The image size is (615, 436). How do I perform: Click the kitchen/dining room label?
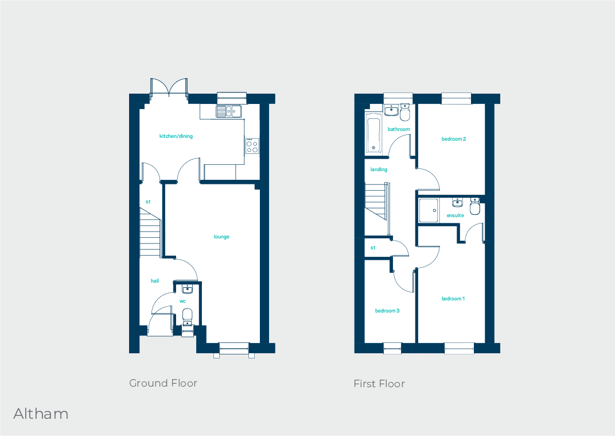[176, 136]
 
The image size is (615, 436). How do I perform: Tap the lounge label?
[221, 237]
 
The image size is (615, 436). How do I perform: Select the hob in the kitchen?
[252, 146]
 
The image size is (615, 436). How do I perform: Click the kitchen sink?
[229, 111]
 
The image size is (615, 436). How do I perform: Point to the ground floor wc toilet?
[187, 315]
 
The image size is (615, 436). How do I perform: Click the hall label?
[155, 281]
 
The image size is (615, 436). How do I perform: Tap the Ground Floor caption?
[163, 383]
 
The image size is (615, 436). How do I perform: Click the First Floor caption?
[379, 384]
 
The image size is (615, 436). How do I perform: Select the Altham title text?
[41, 414]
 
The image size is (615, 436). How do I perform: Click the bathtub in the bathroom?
[373, 134]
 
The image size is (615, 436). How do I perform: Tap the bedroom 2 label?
[453, 139]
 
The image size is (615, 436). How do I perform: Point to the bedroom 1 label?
[453, 299]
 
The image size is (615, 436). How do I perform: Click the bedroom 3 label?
[387, 311]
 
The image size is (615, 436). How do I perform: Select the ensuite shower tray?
[428, 210]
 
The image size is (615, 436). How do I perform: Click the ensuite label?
[456, 215]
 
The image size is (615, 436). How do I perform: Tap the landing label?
[379, 169]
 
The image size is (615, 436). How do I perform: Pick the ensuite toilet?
[475, 207]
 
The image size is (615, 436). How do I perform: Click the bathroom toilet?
[405, 113]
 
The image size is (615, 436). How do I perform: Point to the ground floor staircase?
[150, 233]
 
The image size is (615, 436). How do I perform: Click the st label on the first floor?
[373, 248]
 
